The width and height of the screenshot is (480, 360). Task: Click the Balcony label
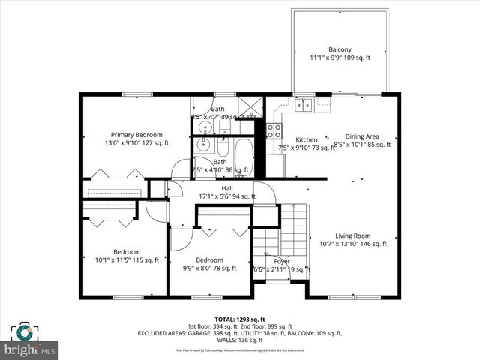point(340,50)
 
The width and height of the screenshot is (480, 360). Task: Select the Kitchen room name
point(306,140)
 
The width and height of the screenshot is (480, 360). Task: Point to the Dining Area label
point(362,136)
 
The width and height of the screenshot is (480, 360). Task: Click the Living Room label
point(352,235)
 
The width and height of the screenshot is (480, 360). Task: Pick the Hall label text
point(226,187)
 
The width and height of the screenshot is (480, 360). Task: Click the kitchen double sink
point(304,104)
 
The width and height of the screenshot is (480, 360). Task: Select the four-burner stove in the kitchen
point(274,131)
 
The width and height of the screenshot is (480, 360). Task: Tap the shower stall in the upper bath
point(251,107)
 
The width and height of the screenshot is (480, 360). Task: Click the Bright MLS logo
point(29,341)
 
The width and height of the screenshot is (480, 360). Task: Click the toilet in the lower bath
point(225,144)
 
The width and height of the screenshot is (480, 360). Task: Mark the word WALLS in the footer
point(226,340)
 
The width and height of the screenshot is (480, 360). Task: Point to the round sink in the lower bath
point(202,146)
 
